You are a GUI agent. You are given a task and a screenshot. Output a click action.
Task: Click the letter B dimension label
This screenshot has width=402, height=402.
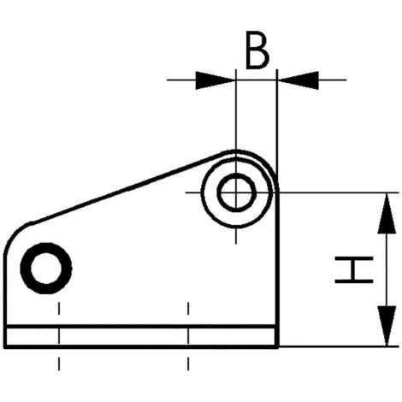(257, 51)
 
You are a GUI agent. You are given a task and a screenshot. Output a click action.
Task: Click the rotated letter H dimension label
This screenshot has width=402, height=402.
(354, 269)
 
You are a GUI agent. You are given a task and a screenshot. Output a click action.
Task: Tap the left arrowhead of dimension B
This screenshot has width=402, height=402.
(216, 80)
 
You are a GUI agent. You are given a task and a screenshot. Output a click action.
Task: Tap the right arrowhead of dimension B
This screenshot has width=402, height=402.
(299, 80)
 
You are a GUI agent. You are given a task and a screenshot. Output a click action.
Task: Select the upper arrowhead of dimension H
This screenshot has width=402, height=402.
(387, 213)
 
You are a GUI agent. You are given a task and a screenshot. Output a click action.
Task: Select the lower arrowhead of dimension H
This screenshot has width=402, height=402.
(387, 326)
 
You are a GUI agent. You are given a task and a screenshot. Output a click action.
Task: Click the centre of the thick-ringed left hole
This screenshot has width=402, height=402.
(46, 268)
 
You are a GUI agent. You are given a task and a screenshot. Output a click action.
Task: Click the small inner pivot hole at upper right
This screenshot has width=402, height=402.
(236, 192)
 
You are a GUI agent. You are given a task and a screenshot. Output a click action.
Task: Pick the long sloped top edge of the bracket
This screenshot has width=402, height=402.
(128, 187)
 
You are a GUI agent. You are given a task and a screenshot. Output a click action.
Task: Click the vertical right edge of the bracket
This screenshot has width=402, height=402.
(277, 268)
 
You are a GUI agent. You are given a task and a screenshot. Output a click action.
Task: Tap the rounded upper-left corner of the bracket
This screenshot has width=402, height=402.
(13, 234)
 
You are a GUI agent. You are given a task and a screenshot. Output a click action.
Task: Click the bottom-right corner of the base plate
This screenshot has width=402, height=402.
(278, 347)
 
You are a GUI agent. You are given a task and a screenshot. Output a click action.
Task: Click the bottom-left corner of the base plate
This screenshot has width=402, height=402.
(5, 347)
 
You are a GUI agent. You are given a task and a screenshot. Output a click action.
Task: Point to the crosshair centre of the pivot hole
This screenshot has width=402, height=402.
(236, 192)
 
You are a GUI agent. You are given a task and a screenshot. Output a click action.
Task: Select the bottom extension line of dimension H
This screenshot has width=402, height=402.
(339, 346)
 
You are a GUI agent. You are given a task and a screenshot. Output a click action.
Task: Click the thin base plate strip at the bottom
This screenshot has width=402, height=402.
(141, 337)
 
